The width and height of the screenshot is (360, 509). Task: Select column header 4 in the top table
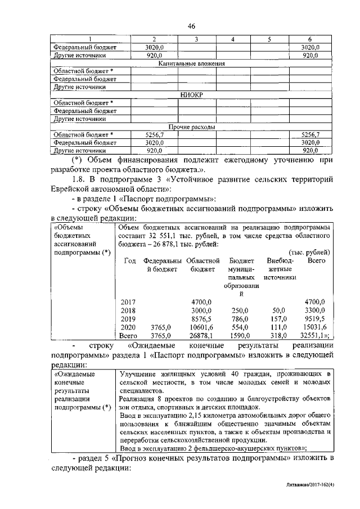pos(233,39)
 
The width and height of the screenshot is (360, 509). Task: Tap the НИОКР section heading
pos(191,96)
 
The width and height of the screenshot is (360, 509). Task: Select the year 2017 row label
pos(130,302)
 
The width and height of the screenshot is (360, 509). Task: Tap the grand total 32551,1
pos(315,335)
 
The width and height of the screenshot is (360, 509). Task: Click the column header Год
pos(130,261)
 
